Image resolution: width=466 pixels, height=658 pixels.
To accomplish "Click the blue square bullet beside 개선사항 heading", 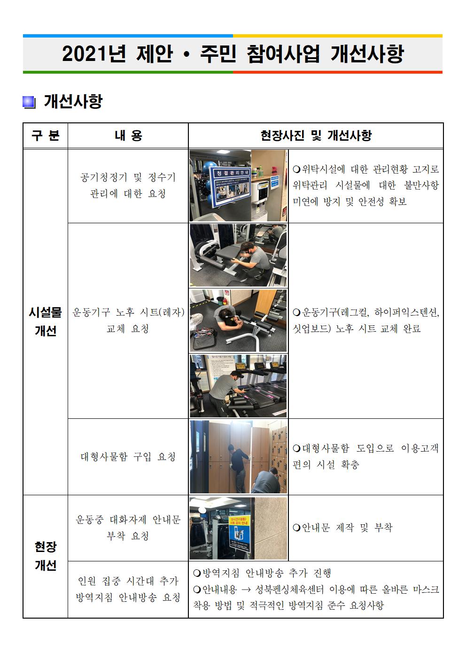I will [29, 102].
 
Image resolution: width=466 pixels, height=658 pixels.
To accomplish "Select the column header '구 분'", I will [45, 136].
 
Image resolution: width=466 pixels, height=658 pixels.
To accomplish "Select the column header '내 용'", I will [128, 136].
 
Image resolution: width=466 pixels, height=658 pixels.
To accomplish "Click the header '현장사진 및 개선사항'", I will [316, 136].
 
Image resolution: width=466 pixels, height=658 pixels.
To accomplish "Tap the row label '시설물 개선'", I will [45, 322].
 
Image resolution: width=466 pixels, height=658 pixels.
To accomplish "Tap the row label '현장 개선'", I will [45, 556].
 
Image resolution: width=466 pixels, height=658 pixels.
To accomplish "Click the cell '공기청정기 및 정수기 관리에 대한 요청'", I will [128, 186].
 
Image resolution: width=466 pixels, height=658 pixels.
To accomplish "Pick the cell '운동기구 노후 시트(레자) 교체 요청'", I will [128, 320].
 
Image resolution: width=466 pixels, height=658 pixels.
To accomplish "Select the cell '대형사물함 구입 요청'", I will [128, 456].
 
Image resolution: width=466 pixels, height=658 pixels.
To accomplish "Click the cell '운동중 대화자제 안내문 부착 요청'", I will [128, 528].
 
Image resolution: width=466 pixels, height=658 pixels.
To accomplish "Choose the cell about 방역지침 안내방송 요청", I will [128, 589].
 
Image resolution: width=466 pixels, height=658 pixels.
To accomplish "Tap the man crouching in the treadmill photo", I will [230, 389].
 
